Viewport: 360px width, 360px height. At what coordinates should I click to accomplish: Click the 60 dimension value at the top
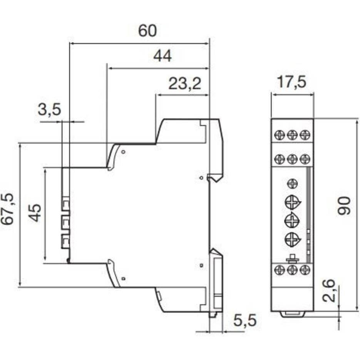tap(147, 31)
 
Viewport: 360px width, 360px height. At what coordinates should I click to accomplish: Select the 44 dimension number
tap(162, 56)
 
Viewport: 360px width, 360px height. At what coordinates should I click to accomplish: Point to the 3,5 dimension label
tap(49, 110)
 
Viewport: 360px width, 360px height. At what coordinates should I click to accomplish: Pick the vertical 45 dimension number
tap(35, 213)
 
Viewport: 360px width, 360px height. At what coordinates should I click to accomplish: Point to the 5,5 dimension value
tap(245, 320)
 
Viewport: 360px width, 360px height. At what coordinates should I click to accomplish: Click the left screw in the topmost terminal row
tap(279, 135)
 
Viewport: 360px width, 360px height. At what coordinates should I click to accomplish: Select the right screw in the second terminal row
tap(305, 158)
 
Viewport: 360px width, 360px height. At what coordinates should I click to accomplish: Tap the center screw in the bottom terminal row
tap(292, 270)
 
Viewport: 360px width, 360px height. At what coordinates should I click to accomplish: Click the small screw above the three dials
tap(292, 184)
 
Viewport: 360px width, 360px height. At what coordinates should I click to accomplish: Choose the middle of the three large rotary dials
tap(292, 221)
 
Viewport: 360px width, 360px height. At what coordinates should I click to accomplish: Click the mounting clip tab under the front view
tap(292, 314)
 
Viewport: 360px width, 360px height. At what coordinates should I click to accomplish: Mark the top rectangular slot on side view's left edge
tap(65, 203)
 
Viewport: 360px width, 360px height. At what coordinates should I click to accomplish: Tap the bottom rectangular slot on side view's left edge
tap(65, 242)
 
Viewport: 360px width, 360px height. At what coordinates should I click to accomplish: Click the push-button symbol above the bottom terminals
tap(293, 258)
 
